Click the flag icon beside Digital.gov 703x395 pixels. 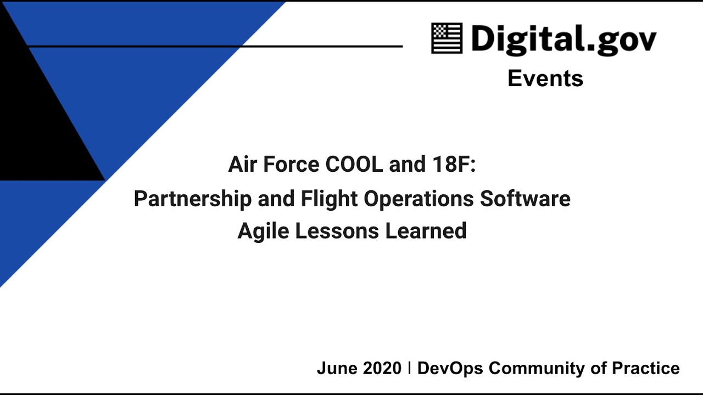click(x=447, y=38)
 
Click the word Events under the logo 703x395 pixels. click(x=545, y=78)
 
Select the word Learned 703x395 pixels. click(x=426, y=231)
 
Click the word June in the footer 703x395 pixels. click(x=336, y=368)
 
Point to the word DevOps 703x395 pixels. click(x=450, y=368)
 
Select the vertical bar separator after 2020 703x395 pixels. click(x=410, y=368)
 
